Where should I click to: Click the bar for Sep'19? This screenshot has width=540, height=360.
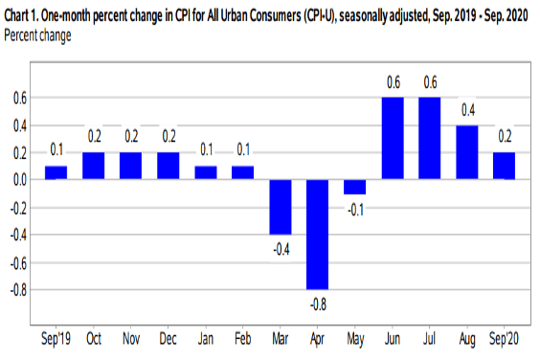pos(56,172)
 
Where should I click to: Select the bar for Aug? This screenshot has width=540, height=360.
pos(468,151)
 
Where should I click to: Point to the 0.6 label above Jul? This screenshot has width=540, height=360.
pos(431,82)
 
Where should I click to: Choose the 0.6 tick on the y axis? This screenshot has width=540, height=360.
pos(18,98)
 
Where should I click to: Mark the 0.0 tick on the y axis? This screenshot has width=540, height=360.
pos(18,179)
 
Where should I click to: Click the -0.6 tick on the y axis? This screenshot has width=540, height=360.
pos(16,260)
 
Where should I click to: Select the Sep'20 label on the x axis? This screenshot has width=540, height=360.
pos(506,340)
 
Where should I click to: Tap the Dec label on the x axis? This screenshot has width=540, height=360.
pos(169,340)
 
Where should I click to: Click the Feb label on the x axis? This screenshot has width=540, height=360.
pos(243,340)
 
